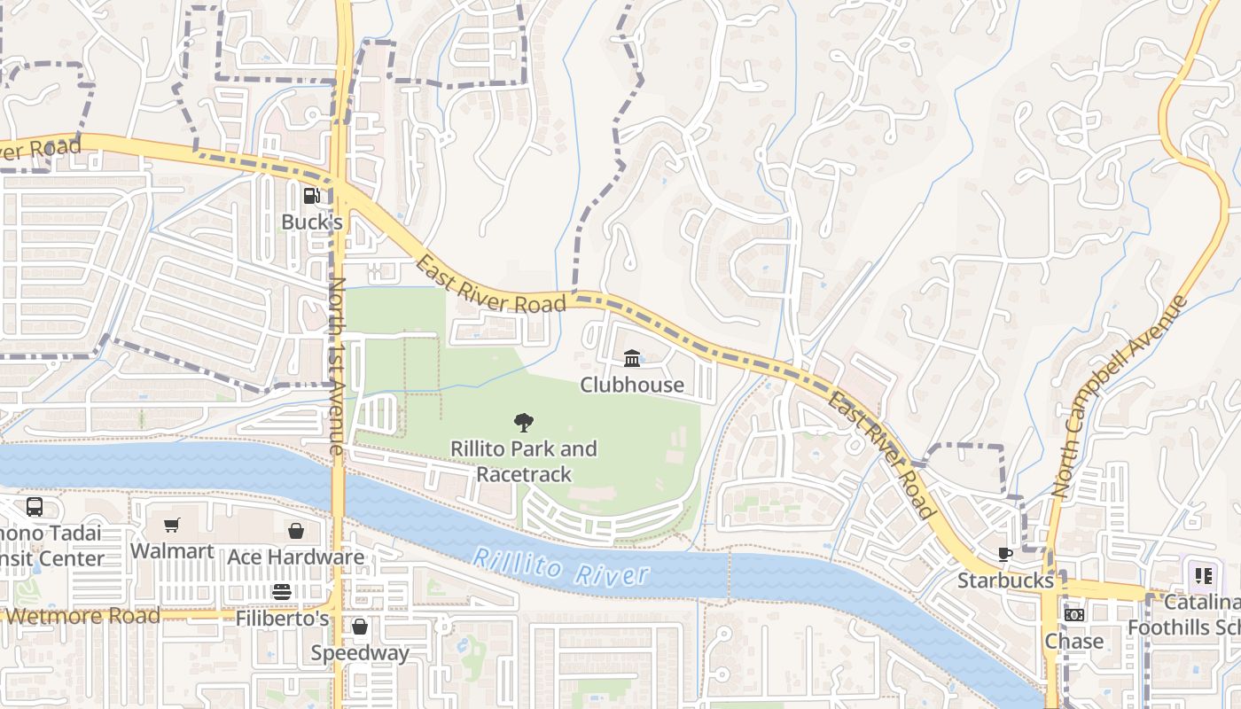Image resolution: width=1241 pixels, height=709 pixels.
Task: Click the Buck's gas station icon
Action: (x=311, y=196)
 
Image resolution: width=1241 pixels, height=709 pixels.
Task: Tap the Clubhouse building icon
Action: (x=632, y=358)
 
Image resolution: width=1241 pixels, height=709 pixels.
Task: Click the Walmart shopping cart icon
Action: (x=172, y=525)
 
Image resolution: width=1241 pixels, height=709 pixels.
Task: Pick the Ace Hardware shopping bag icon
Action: (x=296, y=531)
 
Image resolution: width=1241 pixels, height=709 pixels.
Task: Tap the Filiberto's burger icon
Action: (x=282, y=592)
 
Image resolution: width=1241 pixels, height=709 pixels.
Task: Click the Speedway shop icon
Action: (x=360, y=627)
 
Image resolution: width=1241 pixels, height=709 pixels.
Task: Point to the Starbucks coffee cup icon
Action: (x=1004, y=555)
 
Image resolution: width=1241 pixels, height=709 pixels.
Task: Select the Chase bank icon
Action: (x=1073, y=615)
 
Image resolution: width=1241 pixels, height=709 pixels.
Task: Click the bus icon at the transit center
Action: (x=35, y=507)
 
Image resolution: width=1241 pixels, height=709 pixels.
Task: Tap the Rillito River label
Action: (x=560, y=567)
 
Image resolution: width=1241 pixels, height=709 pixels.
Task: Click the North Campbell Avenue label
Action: (x=1120, y=395)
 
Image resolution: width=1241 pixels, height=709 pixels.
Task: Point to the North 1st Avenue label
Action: (x=337, y=366)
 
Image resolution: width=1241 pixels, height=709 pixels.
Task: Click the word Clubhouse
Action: (x=632, y=385)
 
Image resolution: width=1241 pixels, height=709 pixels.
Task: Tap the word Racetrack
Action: (x=524, y=474)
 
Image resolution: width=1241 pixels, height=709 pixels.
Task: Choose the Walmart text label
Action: (x=172, y=551)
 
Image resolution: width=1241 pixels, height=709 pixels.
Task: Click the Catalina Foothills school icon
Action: (x=1203, y=576)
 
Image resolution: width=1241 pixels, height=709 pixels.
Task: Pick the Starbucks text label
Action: (x=1005, y=580)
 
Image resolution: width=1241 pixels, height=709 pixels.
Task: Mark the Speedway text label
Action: (x=360, y=653)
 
